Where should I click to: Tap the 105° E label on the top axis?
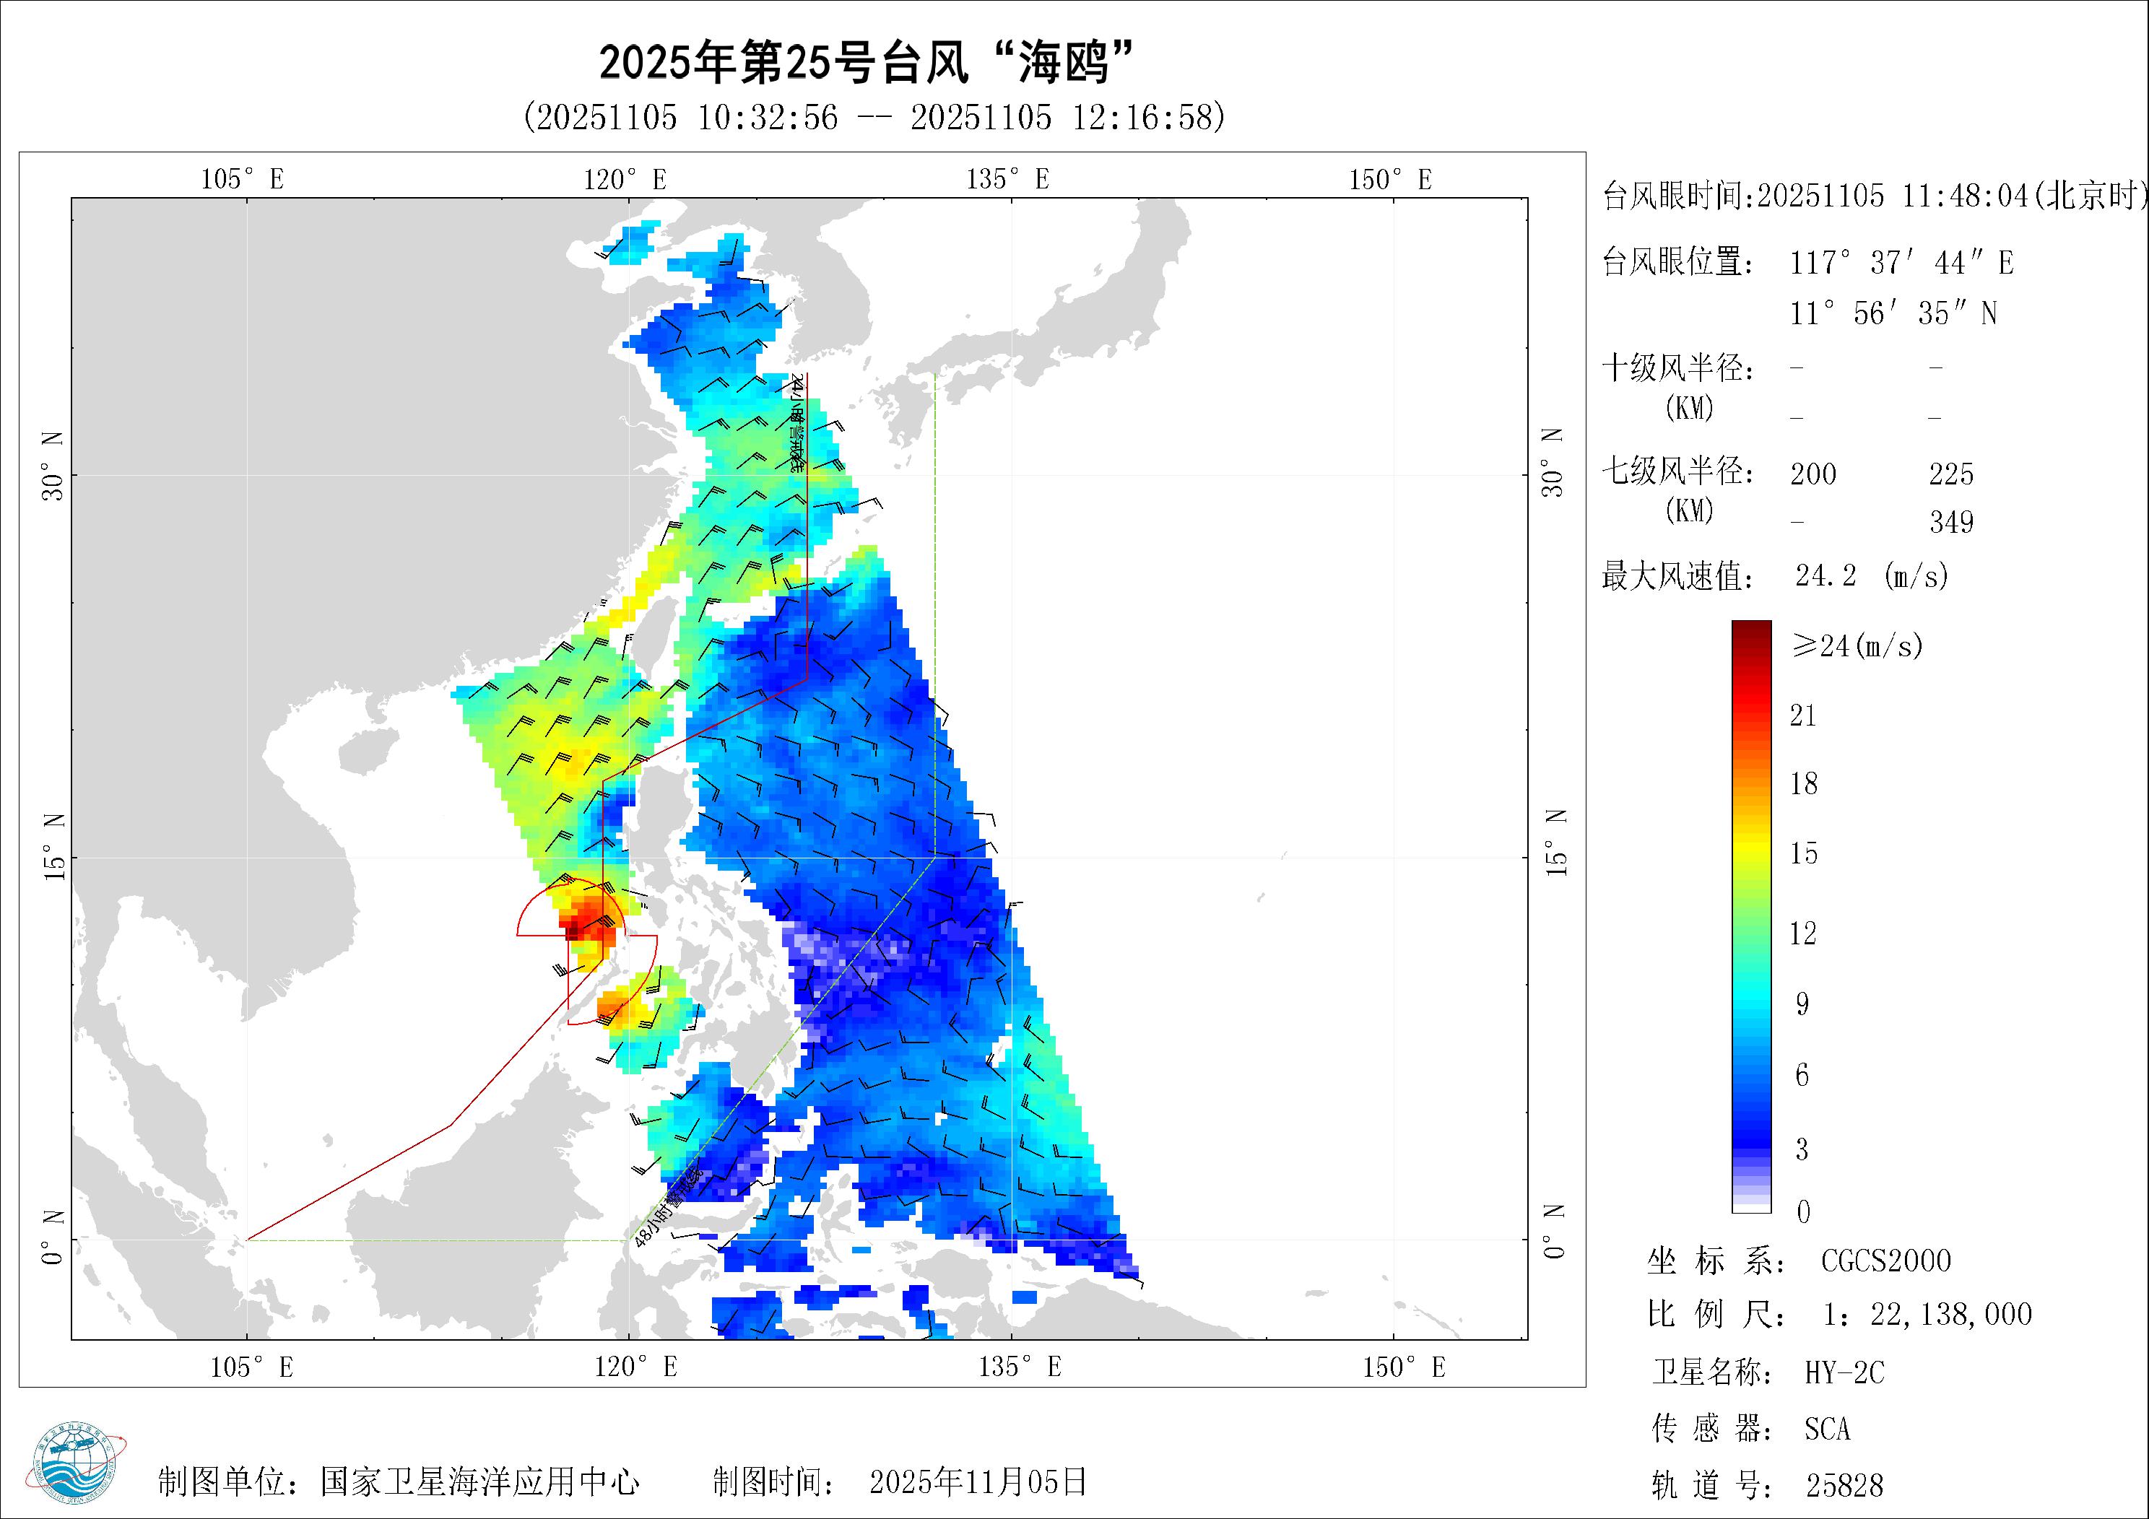pos(243,179)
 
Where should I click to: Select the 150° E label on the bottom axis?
pos(1403,1367)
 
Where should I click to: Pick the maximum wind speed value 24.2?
pos(1825,575)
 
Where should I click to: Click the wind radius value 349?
pos(1952,522)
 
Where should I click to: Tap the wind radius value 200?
pos(1813,474)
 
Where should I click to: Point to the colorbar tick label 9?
pos(1802,1004)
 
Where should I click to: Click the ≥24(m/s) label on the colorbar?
pos(1857,645)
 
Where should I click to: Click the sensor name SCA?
pos(1827,1429)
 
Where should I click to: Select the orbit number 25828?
pos(1844,1485)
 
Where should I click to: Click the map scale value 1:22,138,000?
pos(1927,1315)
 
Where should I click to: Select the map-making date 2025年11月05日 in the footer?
pos(978,1481)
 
